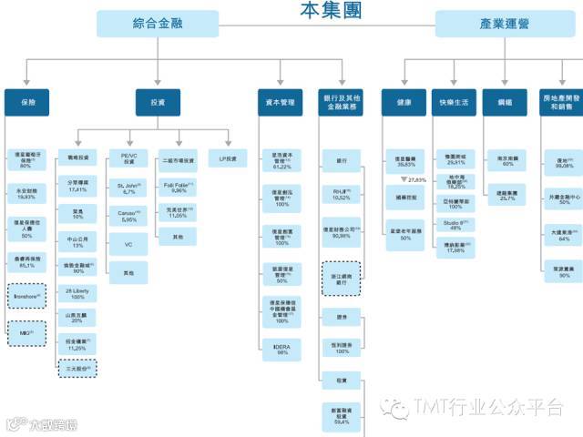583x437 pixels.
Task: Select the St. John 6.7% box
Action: pos(128,188)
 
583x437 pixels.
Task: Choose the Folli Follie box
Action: pos(179,188)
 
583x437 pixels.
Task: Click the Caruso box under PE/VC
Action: pos(128,217)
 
